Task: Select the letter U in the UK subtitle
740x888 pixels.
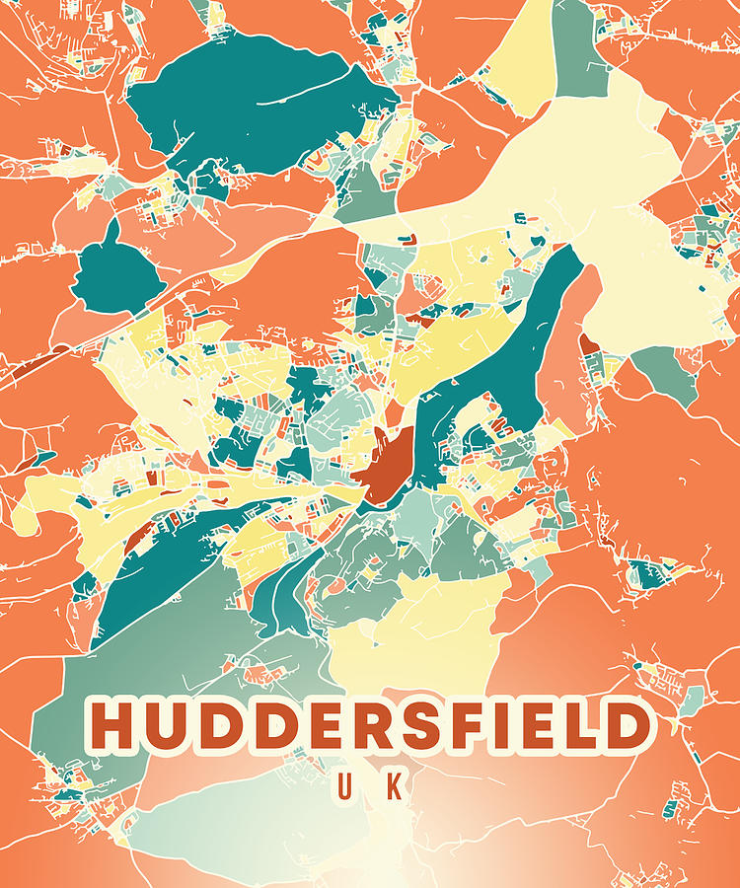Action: coord(346,786)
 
